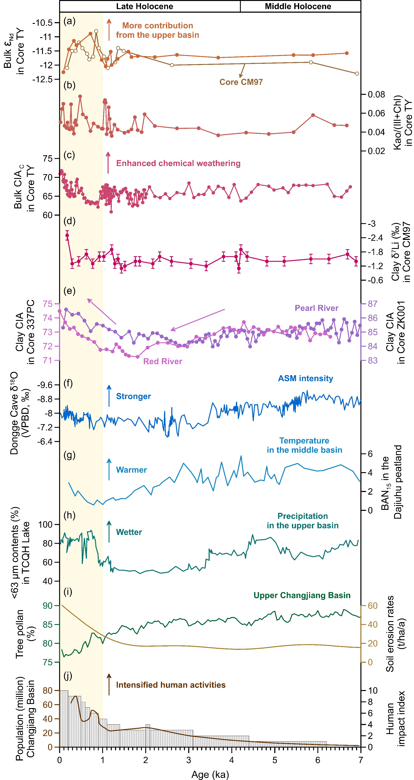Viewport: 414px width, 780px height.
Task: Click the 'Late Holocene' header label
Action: pyautogui.click(x=145, y=6)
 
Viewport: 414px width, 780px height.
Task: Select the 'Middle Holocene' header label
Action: pyautogui.click(x=298, y=6)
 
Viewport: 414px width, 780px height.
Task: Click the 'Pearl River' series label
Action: pyautogui.click(x=316, y=308)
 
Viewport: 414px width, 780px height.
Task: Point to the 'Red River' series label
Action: pyautogui.click(x=162, y=361)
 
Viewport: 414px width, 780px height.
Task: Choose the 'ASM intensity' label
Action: pyautogui.click(x=305, y=378)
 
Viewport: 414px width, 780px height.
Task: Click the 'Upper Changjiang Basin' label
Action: pyautogui.click(x=302, y=595)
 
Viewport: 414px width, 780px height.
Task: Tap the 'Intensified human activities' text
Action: pyautogui.click(x=171, y=685)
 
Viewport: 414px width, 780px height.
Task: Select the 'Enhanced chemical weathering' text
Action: pyautogui.click(x=178, y=163)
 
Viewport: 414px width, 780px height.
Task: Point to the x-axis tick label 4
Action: pyautogui.click(x=232, y=760)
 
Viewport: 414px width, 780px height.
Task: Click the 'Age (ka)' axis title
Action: pyautogui.click(x=210, y=774)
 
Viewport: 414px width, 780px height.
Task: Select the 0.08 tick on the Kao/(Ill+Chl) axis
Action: pyautogui.click(x=376, y=94)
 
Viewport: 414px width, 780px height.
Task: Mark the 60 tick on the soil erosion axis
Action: pyautogui.click(x=373, y=606)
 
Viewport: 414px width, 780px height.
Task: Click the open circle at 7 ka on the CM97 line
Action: pyautogui.click(x=357, y=74)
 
